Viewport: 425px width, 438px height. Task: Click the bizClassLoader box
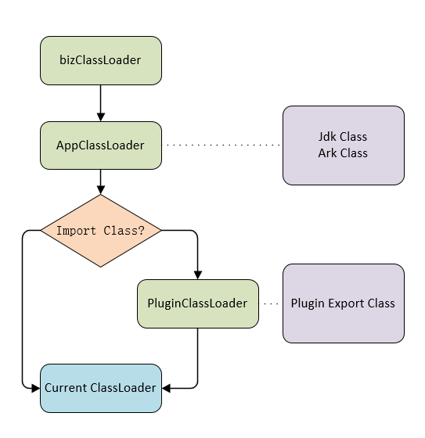(x=101, y=60)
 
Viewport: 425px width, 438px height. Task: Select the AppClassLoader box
(x=101, y=145)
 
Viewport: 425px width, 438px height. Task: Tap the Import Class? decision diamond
(x=101, y=231)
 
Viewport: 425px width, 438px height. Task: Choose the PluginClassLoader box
(x=198, y=303)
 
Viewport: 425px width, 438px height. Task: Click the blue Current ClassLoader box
(x=101, y=388)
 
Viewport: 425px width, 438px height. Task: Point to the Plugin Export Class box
(x=344, y=303)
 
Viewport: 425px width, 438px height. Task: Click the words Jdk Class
(x=343, y=137)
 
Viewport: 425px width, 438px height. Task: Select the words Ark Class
(x=343, y=153)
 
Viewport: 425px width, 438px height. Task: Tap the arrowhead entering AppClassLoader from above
(x=101, y=117)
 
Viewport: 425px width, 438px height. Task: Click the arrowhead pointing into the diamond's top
(x=101, y=190)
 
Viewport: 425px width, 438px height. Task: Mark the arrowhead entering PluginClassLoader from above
(x=198, y=275)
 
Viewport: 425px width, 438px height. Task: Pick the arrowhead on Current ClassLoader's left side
(x=36, y=388)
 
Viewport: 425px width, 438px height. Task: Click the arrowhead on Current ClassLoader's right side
(x=166, y=388)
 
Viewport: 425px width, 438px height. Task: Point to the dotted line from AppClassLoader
(x=222, y=145)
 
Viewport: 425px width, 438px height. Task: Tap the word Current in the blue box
(x=66, y=388)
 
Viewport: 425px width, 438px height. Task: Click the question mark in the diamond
(x=142, y=231)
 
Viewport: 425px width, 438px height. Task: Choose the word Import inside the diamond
(x=77, y=231)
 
